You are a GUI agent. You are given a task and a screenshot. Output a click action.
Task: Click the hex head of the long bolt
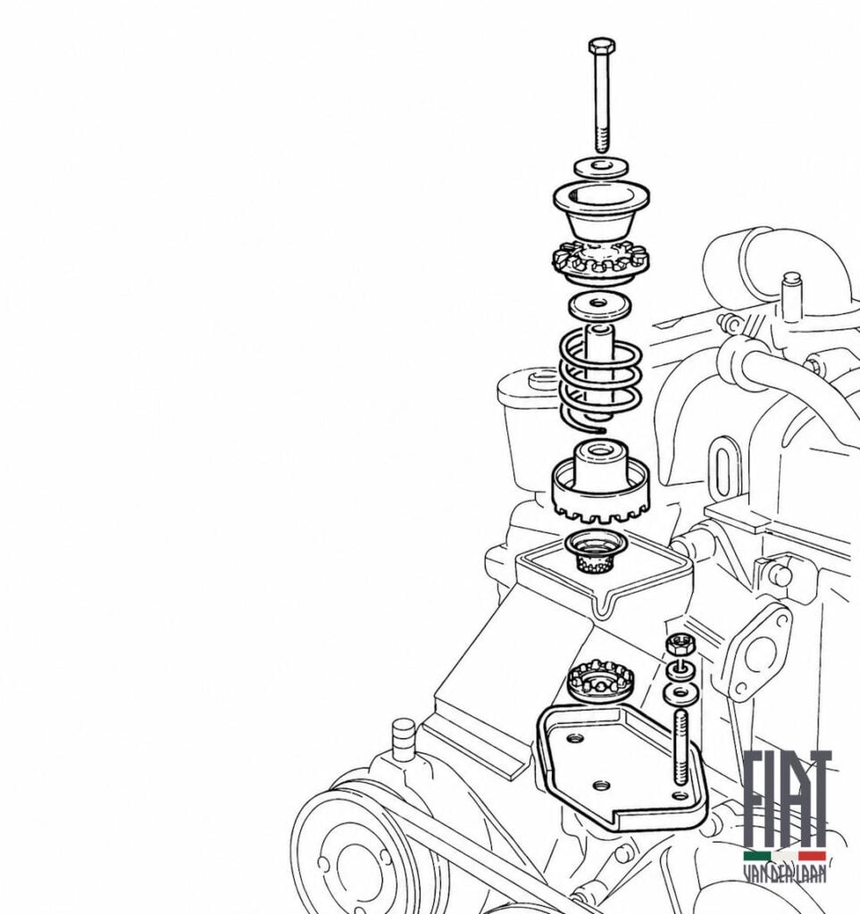(x=601, y=46)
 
